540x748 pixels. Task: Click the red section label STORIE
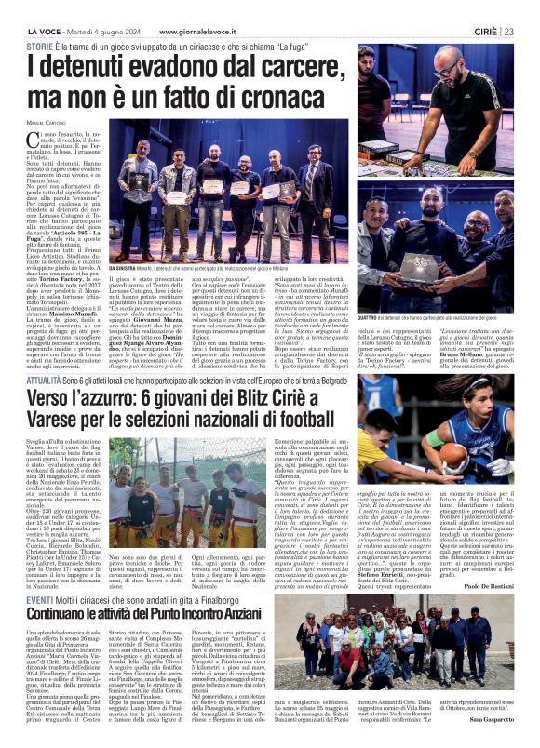click(x=37, y=46)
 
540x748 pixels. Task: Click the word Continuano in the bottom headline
click(x=66, y=617)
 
